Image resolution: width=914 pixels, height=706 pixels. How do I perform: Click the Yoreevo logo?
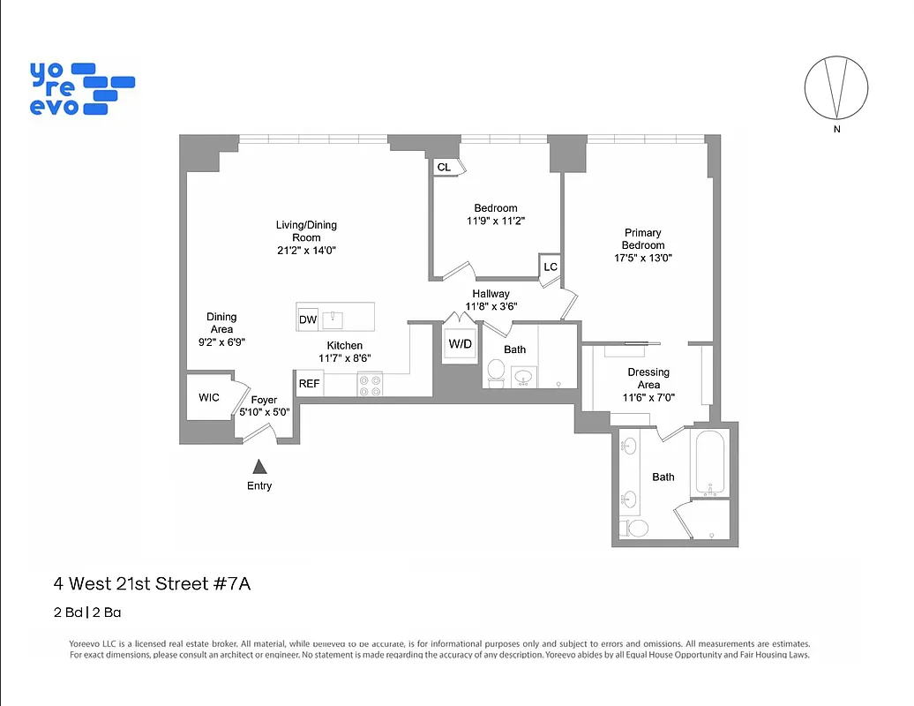click(81, 88)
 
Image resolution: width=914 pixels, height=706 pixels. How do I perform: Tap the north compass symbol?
click(836, 88)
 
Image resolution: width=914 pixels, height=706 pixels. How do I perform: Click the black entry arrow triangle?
click(259, 467)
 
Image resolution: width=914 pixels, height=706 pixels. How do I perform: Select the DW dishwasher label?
click(308, 319)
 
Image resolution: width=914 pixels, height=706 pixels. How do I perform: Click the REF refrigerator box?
click(310, 384)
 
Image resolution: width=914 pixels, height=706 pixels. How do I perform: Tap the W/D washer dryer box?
click(460, 344)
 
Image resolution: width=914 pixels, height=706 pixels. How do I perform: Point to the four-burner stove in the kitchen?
click(370, 384)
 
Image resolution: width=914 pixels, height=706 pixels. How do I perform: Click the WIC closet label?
click(209, 398)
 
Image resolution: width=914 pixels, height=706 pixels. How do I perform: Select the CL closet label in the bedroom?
click(444, 167)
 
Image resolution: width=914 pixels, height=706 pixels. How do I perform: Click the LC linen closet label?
click(551, 267)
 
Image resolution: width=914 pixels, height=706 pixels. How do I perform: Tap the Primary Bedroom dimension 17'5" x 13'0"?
click(643, 258)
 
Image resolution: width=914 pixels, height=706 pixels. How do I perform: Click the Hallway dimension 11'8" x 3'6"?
click(491, 306)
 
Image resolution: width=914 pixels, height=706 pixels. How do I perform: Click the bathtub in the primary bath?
click(709, 462)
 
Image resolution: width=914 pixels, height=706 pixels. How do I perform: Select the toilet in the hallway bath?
click(496, 372)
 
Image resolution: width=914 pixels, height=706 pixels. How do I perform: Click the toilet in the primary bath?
click(636, 528)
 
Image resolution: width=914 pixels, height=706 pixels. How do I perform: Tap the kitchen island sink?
click(334, 318)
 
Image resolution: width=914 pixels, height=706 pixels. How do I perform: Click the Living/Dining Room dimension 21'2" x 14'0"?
click(306, 250)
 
